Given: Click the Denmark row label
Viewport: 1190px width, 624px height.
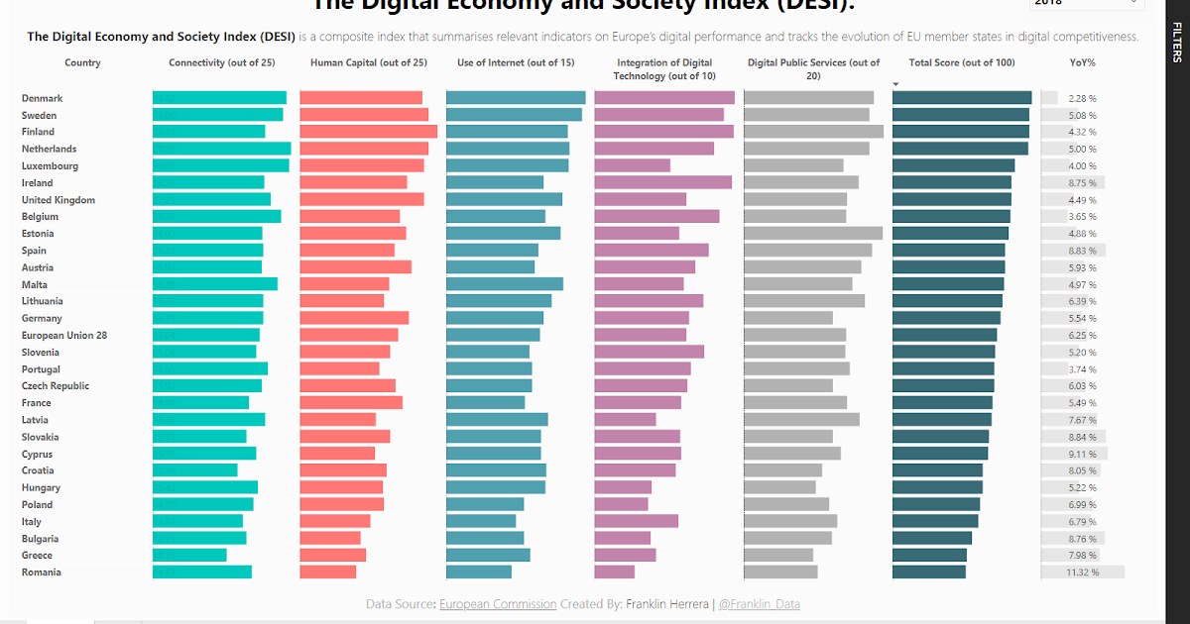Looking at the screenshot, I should pos(42,98).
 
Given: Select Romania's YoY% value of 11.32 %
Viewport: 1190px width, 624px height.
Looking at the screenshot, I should pos(1082,572).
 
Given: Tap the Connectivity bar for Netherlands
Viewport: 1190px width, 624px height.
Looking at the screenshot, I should pos(221,149).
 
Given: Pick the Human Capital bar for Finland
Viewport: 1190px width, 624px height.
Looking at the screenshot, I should pos(368,132).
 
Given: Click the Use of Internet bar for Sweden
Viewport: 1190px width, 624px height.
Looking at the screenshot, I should pos(514,115).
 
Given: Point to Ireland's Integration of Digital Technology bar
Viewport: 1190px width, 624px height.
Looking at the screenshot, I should pos(662,182).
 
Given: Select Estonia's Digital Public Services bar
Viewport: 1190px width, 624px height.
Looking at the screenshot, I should pos(813,234).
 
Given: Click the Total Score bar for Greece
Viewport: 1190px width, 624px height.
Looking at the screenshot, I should pos(929,556).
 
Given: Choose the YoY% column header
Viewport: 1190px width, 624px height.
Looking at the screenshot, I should pos(1082,62).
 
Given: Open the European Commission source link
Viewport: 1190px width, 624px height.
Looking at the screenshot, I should pos(497,603).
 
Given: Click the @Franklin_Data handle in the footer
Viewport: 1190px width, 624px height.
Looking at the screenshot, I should pos(759,603).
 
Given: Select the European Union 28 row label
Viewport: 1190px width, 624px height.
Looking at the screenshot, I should pos(63,335).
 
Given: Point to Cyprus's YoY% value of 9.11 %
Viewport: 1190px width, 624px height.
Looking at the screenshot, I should pos(1082,454).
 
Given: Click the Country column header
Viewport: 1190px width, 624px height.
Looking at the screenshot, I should pos(82,62).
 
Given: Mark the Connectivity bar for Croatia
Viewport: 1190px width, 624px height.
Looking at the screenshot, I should pos(194,470).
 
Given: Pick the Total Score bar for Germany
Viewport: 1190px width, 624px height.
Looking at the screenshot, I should pos(946,318).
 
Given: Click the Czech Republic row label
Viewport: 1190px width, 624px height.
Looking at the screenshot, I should pos(56,386).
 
